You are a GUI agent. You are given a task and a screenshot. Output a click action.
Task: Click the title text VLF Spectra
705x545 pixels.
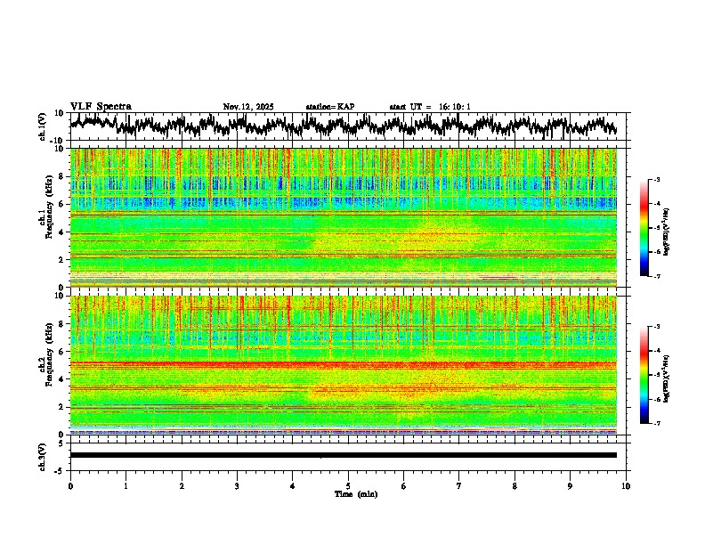coord(101,106)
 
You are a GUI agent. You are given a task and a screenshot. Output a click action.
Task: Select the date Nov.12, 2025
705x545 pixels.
coord(248,107)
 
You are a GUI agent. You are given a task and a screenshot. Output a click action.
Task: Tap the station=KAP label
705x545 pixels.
coord(329,107)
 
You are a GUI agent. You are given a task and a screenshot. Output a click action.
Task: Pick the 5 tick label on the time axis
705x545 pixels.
coord(348,486)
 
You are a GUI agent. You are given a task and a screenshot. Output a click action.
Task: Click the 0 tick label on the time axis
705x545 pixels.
coord(70,486)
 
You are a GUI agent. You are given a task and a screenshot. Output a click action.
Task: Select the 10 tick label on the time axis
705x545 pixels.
coord(626,486)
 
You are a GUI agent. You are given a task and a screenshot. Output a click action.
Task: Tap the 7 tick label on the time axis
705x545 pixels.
coord(459,486)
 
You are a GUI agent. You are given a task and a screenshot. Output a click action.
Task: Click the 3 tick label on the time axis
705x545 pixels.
coord(237,486)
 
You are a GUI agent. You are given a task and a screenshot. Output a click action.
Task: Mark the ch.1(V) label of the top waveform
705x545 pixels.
coord(42,126)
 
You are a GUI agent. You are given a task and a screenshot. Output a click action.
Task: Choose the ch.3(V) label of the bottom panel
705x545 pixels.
coord(42,455)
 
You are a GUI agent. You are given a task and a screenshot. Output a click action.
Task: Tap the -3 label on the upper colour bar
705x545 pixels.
coord(656,180)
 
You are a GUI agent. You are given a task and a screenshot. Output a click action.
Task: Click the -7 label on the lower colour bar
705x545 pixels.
coord(656,423)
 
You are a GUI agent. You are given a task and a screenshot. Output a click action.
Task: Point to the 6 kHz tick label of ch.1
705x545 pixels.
coord(62,204)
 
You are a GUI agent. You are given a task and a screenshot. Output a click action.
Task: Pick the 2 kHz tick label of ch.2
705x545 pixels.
coord(62,407)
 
